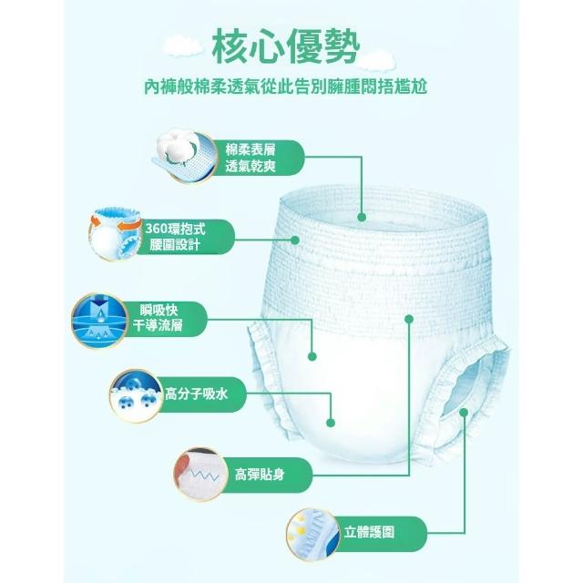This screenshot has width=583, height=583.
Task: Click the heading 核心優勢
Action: click(285, 46)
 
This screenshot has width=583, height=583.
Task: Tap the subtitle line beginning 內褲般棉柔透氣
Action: click(285, 87)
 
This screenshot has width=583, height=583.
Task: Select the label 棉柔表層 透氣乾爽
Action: click(251, 158)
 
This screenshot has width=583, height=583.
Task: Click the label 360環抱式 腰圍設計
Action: click(175, 237)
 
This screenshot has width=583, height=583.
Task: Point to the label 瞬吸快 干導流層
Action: click(158, 318)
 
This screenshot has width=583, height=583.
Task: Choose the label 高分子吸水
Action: click(197, 394)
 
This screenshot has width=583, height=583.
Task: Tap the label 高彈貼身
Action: click(260, 475)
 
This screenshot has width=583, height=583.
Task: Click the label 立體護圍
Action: click(369, 532)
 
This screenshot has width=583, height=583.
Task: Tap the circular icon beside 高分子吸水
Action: click(137, 395)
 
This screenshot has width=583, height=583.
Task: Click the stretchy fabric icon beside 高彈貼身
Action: click(200, 475)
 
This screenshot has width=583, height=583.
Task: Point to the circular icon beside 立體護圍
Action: click(313, 535)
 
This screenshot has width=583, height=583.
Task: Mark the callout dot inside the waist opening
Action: click(362, 218)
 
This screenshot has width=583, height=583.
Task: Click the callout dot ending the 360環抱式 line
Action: click(295, 240)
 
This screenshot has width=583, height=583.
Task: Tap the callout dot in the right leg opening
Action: click(464, 413)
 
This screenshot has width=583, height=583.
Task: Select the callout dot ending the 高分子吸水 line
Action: click(331, 423)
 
